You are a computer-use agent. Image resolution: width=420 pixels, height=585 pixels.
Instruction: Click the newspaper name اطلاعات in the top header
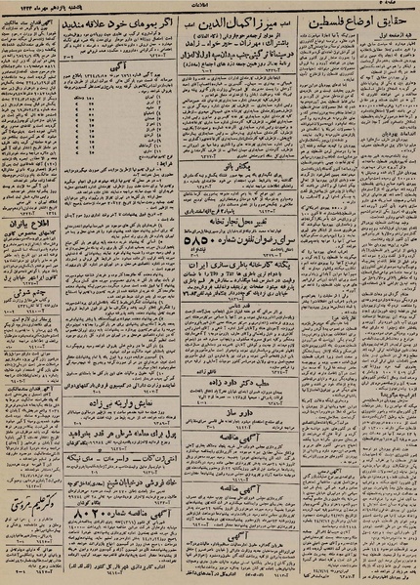point(211,5)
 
